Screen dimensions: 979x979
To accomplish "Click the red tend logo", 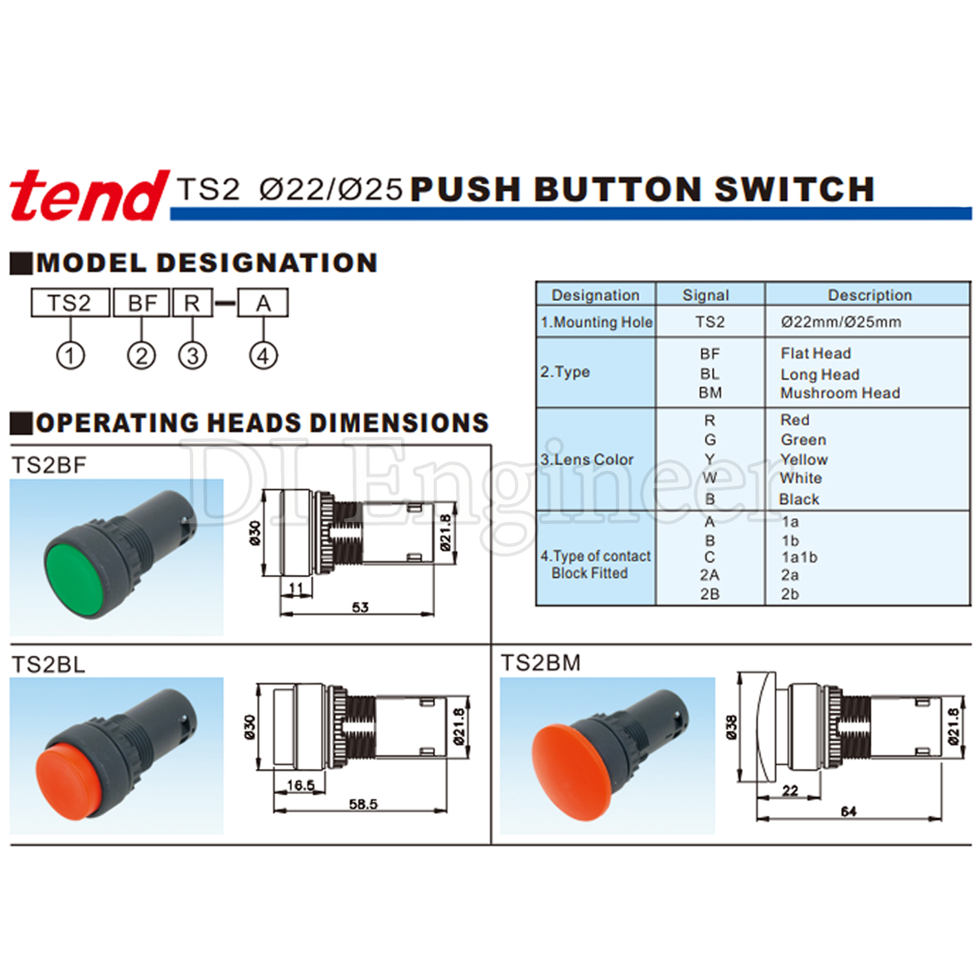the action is click(x=89, y=196).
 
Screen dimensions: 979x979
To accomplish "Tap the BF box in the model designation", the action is click(x=142, y=303).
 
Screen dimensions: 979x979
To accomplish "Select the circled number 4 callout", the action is click(x=264, y=356).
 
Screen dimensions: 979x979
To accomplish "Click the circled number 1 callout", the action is click(x=70, y=356).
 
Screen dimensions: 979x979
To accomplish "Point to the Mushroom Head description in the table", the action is click(x=840, y=394).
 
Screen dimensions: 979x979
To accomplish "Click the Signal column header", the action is click(x=705, y=295).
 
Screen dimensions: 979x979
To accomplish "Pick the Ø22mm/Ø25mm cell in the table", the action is click(x=841, y=322).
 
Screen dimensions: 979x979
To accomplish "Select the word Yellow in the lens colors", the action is click(x=803, y=459).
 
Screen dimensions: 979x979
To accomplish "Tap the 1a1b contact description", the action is click(x=799, y=557).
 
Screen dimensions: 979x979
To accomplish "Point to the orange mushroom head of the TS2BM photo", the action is click(x=568, y=772).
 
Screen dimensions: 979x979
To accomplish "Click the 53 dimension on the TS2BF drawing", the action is click(x=361, y=607).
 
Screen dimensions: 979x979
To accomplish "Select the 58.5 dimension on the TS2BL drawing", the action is click(x=363, y=804).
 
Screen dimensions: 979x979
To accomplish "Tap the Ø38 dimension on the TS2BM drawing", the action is click(x=731, y=727).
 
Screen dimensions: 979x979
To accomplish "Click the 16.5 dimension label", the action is click(x=301, y=785).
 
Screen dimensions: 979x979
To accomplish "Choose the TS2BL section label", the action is click(x=48, y=664).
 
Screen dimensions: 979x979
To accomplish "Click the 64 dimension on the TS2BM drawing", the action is click(x=849, y=812).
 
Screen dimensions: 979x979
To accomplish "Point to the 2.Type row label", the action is click(x=565, y=372).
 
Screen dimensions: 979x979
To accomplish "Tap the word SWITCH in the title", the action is click(x=794, y=189).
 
